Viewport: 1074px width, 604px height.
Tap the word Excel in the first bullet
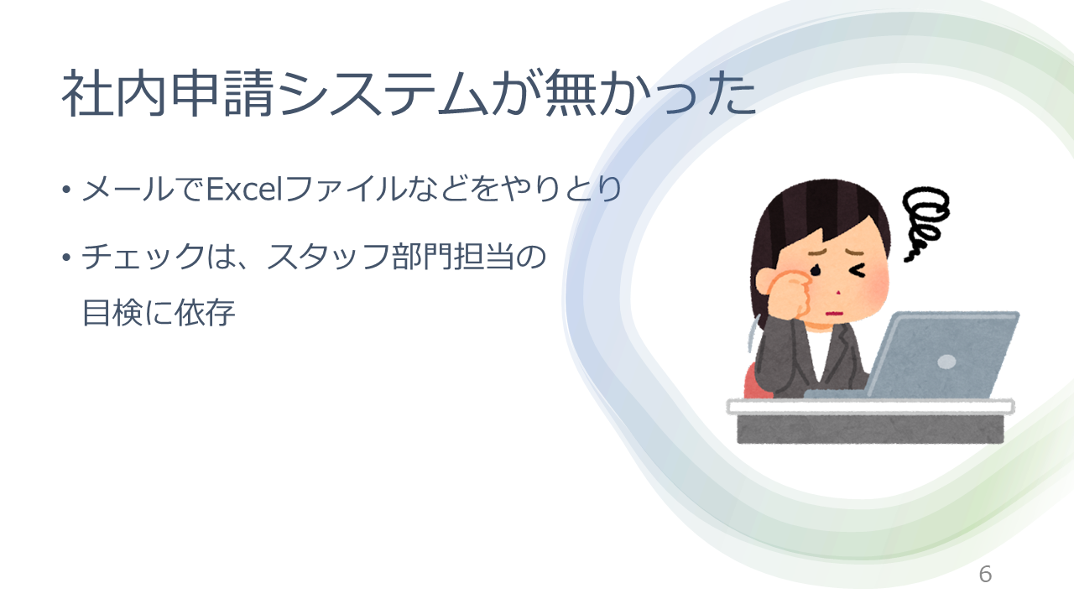[x=243, y=189]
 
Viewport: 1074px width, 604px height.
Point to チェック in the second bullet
[x=143, y=257]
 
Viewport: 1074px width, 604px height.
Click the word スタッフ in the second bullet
[x=327, y=257]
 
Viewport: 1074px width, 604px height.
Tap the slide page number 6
[x=985, y=575]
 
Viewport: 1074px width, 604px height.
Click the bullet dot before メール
[x=66, y=190]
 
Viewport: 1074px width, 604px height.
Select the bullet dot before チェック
[x=66, y=258]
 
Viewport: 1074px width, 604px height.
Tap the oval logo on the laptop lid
[x=946, y=362]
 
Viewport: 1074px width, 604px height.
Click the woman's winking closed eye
[x=858, y=271]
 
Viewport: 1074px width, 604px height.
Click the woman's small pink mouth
[x=834, y=314]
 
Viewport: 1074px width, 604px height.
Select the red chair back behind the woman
[x=754, y=382]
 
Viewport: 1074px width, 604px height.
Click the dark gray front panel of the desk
[x=870, y=429]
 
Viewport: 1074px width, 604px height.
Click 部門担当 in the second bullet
[x=452, y=257]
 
